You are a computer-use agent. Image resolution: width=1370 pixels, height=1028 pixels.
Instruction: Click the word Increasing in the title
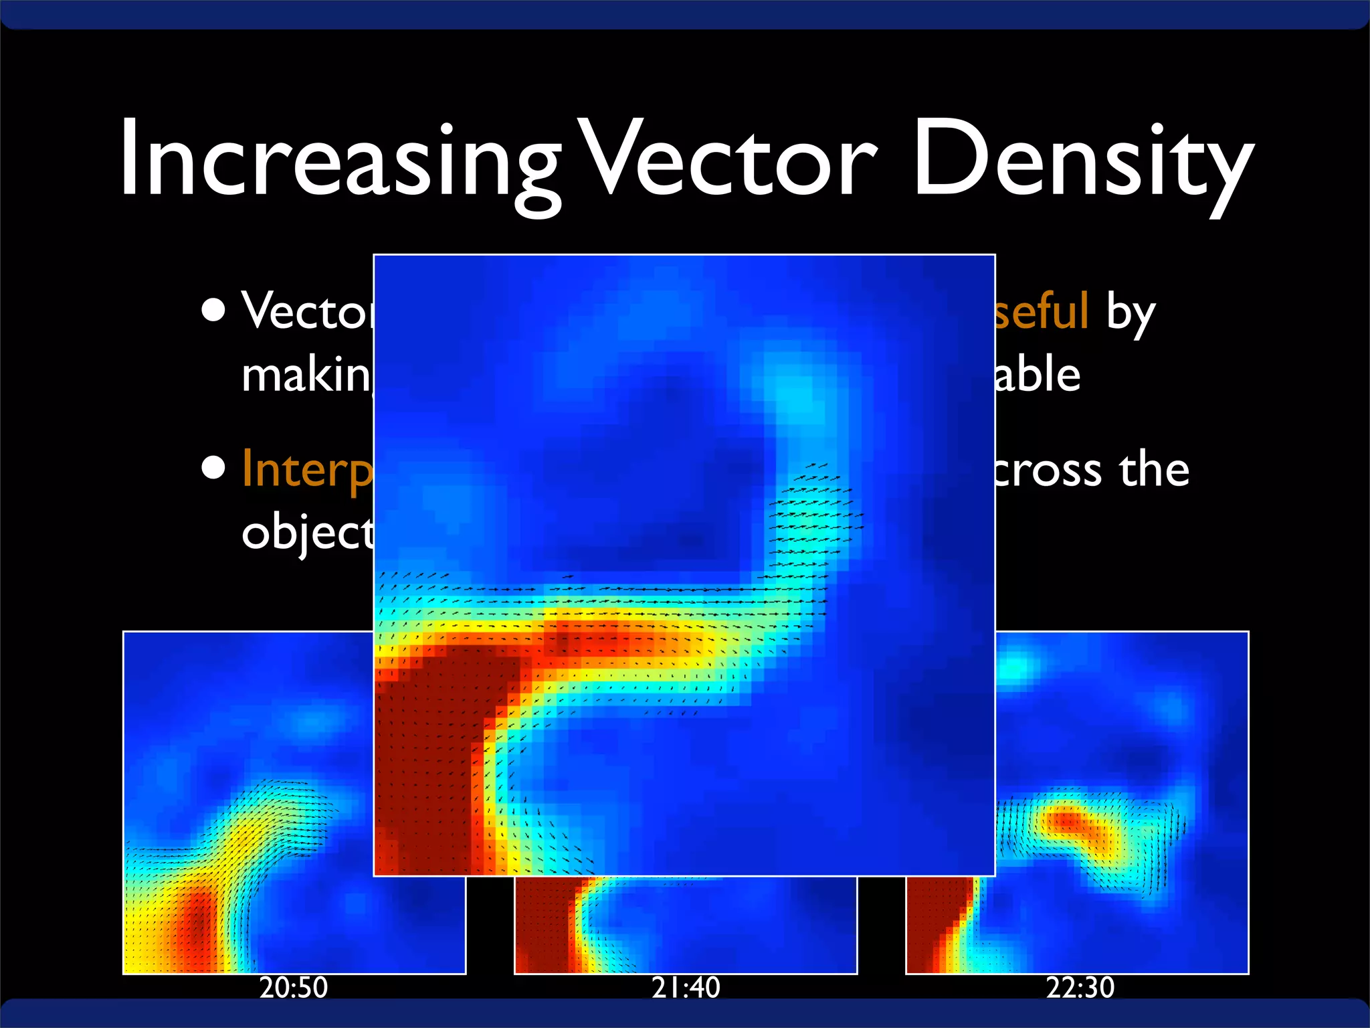[x=338, y=161]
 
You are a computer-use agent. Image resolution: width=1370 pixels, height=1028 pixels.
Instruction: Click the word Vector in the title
[x=726, y=161]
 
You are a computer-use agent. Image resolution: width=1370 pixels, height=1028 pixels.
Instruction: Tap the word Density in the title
[x=1080, y=161]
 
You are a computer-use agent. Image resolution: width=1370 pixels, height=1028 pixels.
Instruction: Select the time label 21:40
[x=686, y=988]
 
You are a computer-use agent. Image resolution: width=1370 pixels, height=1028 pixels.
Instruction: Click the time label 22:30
[x=1080, y=988]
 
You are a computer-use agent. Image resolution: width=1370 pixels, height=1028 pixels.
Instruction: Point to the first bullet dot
[x=213, y=311]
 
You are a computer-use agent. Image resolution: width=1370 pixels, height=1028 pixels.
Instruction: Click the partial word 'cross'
[x=1047, y=471]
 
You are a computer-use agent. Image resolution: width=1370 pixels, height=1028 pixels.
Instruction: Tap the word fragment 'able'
[x=1037, y=375]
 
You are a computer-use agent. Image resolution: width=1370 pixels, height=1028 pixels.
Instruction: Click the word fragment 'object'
[x=306, y=534]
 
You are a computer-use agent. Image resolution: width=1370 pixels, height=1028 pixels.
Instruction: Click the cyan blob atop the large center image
[x=796, y=395]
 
